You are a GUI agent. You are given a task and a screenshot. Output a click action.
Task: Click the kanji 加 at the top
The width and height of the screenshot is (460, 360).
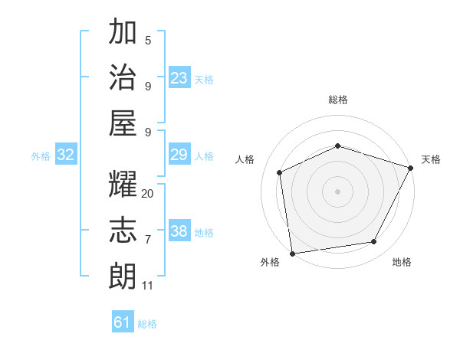point(123,33)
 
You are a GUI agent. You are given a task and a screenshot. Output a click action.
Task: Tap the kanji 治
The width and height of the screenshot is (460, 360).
point(123,77)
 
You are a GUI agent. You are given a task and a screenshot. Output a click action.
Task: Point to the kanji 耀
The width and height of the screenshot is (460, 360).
point(123,185)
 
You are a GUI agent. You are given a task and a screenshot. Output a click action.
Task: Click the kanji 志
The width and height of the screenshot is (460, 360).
point(123,231)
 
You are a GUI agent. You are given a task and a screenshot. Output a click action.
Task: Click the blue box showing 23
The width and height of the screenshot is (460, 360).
point(179,78)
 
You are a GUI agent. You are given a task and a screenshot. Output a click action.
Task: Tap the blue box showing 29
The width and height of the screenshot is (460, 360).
point(179,155)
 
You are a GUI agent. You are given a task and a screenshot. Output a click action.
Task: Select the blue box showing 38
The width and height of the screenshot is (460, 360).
point(179,231)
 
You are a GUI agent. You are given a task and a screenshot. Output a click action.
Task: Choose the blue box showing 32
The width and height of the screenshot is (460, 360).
point(66,155)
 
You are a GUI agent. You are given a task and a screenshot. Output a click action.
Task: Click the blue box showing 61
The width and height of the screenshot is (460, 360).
point(123,322)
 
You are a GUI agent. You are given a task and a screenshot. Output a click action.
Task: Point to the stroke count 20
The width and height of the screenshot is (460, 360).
point(148,194)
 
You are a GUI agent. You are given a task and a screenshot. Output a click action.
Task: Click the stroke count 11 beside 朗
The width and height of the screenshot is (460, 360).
point(148,286)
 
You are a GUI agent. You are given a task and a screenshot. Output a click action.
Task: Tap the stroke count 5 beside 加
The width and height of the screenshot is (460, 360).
point(148,41)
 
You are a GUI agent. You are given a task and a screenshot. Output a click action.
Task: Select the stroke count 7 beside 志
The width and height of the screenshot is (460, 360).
point(148,240)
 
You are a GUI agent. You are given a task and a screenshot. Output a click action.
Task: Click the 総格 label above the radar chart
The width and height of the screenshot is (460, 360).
point(338,100)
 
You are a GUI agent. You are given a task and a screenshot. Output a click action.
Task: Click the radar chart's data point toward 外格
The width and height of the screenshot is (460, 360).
point(292,253)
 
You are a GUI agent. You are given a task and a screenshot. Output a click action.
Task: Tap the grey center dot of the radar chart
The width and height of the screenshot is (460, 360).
point(337,191)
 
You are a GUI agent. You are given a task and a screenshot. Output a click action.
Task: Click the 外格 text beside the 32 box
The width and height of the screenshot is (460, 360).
point(41,156)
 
